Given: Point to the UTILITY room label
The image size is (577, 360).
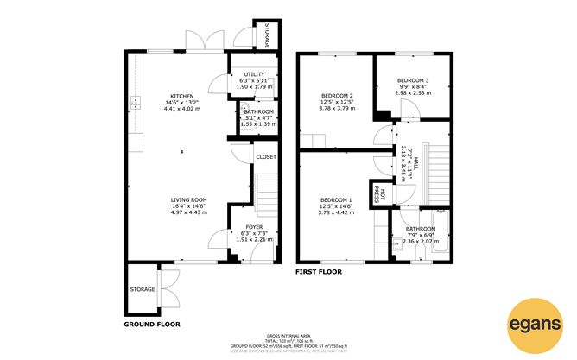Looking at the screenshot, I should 254,74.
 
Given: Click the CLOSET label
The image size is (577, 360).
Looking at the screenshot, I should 266,156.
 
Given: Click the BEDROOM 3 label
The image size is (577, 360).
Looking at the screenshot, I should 412,79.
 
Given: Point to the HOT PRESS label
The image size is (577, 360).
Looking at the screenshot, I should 377,195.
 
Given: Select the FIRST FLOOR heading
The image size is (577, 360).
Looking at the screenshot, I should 320,271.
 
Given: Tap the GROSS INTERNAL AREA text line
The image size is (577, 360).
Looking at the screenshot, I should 288,334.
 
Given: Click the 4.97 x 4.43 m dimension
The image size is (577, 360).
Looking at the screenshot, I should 187,212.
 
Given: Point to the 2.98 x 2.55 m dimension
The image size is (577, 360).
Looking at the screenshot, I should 412,93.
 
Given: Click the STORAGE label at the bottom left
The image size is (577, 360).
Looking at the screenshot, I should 142,288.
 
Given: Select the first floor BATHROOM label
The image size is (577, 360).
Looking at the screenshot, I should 421,229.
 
